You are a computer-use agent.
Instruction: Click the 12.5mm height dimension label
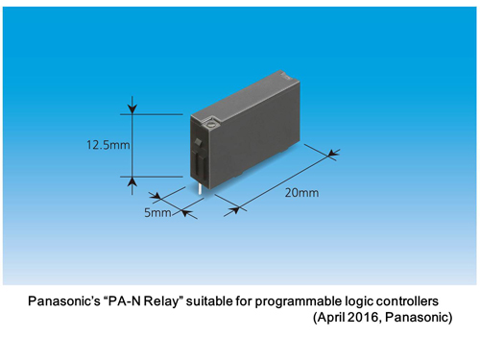[x=107, y=146]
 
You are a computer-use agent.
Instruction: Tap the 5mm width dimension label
[x=156, y=213]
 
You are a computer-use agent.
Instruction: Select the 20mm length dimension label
[x=300, y=191]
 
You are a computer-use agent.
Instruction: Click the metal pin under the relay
[x=199, y=188]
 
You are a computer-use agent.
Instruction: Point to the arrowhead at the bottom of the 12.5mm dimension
[x=132, y=182]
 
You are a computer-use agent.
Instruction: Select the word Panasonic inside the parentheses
[x=419, y=317]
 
